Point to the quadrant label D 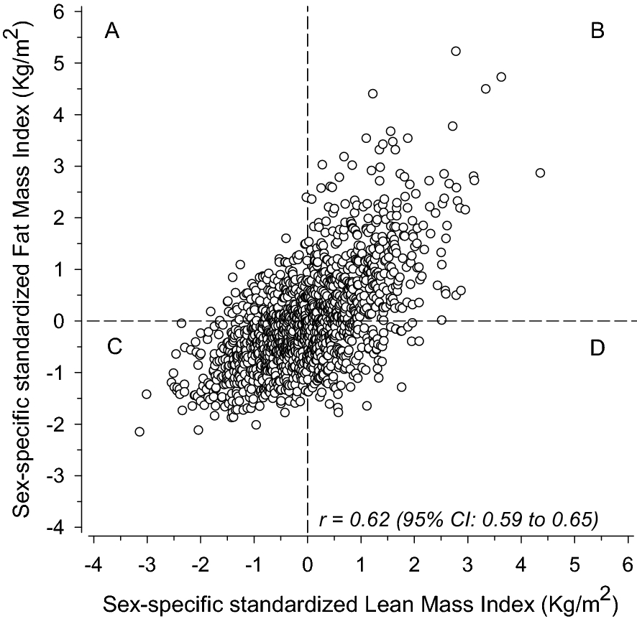(597, 348)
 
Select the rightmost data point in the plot (540, 173)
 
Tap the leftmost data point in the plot (139, 432)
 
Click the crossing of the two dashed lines (308, 320)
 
